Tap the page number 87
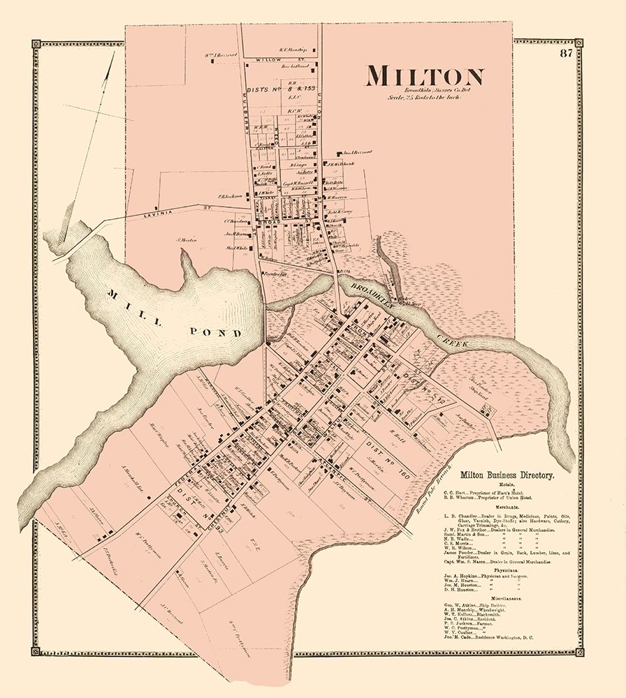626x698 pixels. (x=565, y=53)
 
